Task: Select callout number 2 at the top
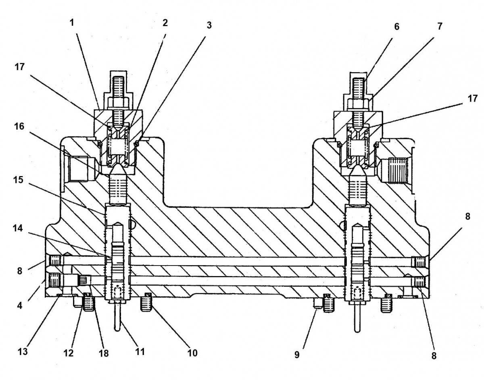coord(165,23)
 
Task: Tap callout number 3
coord(209,25)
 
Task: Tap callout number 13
coord(23,352)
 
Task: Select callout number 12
coord(69,353)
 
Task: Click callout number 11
coord(140,351)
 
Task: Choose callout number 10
coord(192,353)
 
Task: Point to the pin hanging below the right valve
coord(357,320)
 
